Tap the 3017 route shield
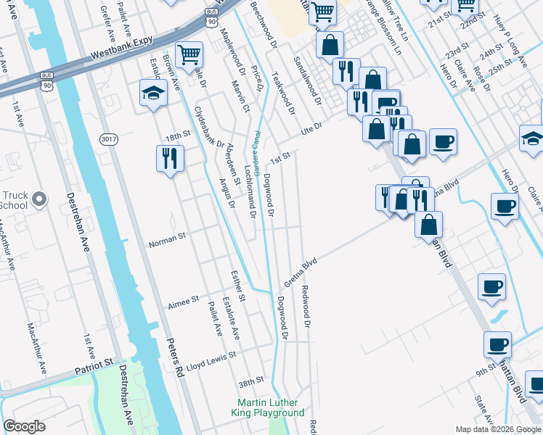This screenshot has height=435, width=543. [x=109, y=140]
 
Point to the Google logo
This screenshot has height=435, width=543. [x=25, y=426]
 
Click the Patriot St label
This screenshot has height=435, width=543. [x=94, y=366]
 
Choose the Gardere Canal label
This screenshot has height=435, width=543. [x=257, y=151]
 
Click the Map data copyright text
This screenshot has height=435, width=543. [x=498, y=429]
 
